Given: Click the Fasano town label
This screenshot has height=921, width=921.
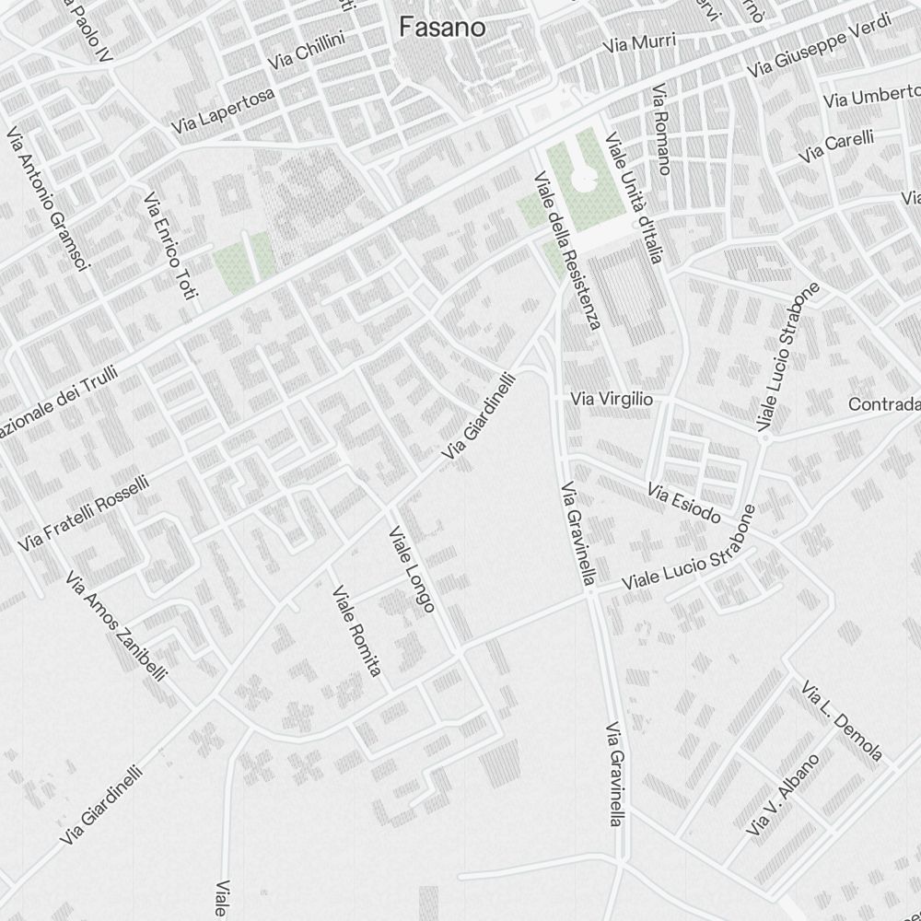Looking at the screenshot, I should coord(442,28).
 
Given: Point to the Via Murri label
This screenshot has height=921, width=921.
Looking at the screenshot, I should coord(640,42).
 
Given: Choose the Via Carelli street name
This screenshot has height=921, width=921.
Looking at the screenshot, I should coord(836,147).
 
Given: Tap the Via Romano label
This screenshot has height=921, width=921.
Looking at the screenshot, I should coord(660,130).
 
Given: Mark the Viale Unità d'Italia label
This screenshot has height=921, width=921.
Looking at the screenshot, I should coord(634,197).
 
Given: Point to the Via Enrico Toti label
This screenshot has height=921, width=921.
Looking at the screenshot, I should coord(171,247).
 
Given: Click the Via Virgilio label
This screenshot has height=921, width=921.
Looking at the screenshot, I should coord(612,400).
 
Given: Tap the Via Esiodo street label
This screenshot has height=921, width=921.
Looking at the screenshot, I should coord(683,503).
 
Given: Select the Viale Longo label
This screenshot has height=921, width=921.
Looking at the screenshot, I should coord(412,568).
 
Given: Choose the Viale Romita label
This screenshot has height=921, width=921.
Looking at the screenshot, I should coord(356,631).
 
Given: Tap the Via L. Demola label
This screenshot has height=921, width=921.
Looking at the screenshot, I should coord(842,721).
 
